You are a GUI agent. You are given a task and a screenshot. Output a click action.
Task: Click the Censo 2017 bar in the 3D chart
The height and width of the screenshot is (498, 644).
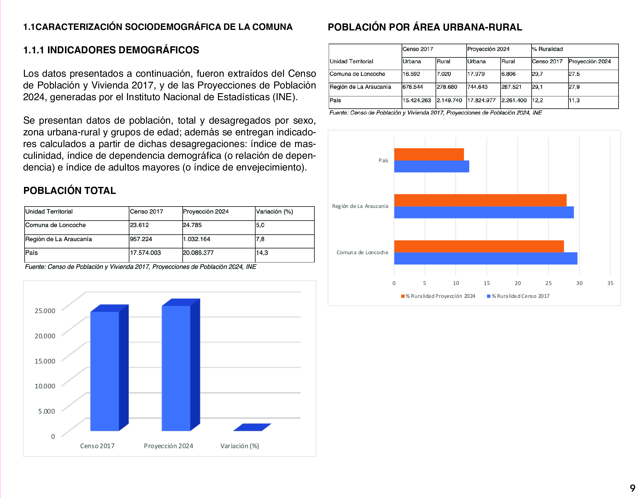105,371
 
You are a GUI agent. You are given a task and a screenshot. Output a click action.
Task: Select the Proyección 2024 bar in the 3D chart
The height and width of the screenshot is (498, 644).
176,368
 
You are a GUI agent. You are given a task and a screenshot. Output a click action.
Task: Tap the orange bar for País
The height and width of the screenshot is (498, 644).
429,154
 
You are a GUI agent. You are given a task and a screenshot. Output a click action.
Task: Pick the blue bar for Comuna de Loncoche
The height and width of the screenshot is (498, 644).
485,258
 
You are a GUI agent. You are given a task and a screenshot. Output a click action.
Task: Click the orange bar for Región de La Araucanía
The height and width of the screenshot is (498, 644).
480,200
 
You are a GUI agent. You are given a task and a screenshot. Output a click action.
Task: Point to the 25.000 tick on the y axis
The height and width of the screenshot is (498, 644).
45,311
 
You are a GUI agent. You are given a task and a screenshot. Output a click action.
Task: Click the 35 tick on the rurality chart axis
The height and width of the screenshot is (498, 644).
610,283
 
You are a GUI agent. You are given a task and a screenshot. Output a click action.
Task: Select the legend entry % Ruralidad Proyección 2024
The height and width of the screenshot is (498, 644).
438,296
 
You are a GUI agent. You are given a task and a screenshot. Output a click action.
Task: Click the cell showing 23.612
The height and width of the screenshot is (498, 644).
139,225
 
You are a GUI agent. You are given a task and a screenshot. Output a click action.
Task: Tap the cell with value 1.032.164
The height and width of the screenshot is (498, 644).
197,239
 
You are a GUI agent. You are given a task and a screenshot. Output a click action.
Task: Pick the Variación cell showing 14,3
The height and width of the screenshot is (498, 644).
262,253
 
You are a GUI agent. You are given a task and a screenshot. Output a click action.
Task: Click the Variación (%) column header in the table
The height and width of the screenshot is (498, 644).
274,212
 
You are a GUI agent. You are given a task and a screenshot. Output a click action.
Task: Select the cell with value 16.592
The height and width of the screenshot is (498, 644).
411,74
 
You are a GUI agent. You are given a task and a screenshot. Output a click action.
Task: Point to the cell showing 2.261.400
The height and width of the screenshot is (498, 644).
514,100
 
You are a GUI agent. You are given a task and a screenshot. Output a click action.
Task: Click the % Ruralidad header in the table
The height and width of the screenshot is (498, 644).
547,49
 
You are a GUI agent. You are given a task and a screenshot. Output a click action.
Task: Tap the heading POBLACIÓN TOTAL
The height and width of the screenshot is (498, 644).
70,191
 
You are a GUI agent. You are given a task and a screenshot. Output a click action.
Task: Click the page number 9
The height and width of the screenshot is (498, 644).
633,488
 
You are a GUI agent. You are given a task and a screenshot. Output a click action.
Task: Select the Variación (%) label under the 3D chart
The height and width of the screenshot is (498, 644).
239,446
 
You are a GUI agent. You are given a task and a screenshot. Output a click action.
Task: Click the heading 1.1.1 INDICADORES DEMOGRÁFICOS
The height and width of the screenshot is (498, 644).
111,50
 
